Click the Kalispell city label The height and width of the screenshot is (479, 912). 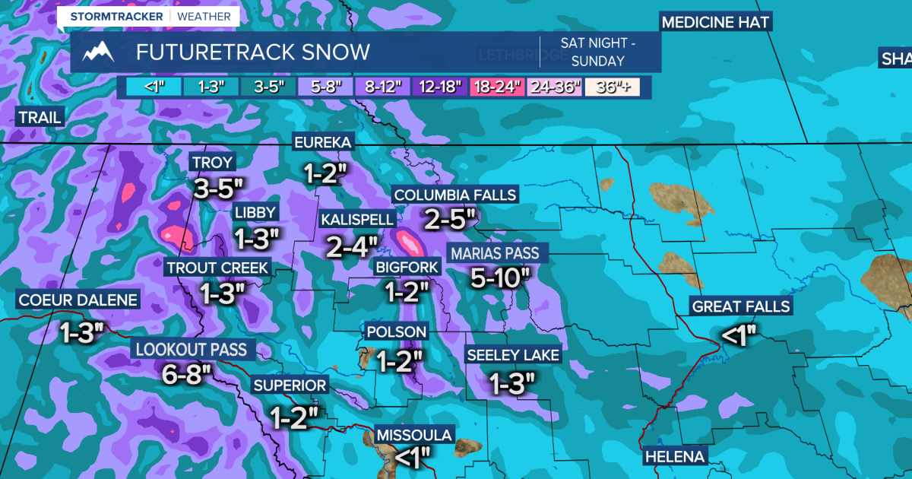[358, 220]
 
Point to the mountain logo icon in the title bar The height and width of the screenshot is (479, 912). [99, 52]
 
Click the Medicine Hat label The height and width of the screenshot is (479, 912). [715, 21]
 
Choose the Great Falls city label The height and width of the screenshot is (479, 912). [741, 306]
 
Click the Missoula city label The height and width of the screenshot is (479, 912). [415, 436]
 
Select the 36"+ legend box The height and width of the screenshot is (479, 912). [611, 87]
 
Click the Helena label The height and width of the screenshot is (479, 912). [675, 457]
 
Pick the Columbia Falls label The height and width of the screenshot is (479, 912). [454, 195]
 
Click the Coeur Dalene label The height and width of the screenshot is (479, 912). [78, 300]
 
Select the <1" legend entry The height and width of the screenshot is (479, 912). [147, 87]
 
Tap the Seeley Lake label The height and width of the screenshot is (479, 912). [513, 355]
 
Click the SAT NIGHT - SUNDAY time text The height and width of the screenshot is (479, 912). [598, 52]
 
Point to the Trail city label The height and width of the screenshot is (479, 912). [40, 117]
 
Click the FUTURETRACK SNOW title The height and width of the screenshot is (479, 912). [253, 52]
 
